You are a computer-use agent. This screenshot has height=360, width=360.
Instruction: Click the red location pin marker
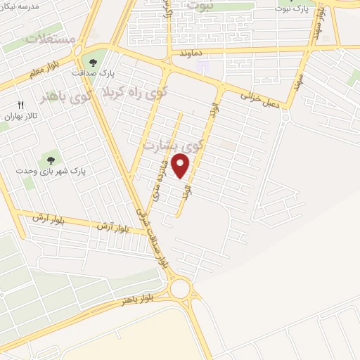(181, 166)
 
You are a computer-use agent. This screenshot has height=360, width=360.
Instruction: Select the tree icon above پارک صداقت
(93, 61)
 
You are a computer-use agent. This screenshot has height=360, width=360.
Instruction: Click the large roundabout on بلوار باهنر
(181, 288)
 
